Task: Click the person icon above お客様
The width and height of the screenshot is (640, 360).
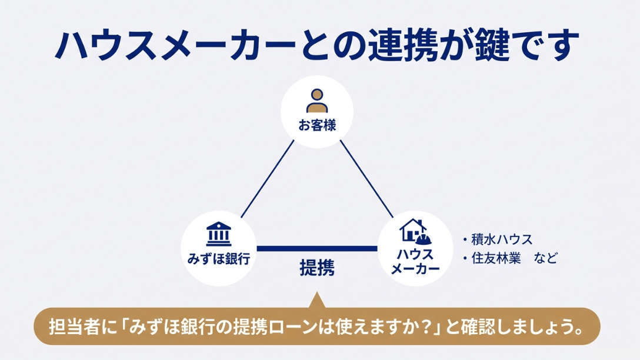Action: click(317, 101)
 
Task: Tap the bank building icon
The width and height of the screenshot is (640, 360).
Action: click(218, 234)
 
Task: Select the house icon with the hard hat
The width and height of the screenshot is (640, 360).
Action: click(415, 231)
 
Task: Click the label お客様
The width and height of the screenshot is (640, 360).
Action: click(317, 125)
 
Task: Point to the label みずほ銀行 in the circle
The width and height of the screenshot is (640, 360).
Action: click(218, 259)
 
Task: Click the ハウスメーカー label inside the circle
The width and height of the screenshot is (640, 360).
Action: click(415, 261)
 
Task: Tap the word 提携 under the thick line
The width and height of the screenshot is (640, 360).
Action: click(317, 268)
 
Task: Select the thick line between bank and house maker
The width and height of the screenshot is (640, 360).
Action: click(317, 249)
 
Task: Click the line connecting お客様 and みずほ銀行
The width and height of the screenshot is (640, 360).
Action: click(267, 179)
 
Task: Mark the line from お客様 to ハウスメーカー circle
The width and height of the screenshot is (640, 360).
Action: click(366, 179)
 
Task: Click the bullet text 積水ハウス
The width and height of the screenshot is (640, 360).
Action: click(502, 239)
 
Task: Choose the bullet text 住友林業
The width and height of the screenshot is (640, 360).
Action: click(496, 258)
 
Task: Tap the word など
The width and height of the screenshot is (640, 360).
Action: click(546, 258)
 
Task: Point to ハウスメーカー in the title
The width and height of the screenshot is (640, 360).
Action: click(175, 45)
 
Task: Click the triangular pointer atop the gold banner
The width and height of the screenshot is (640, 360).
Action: click(317, 301)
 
